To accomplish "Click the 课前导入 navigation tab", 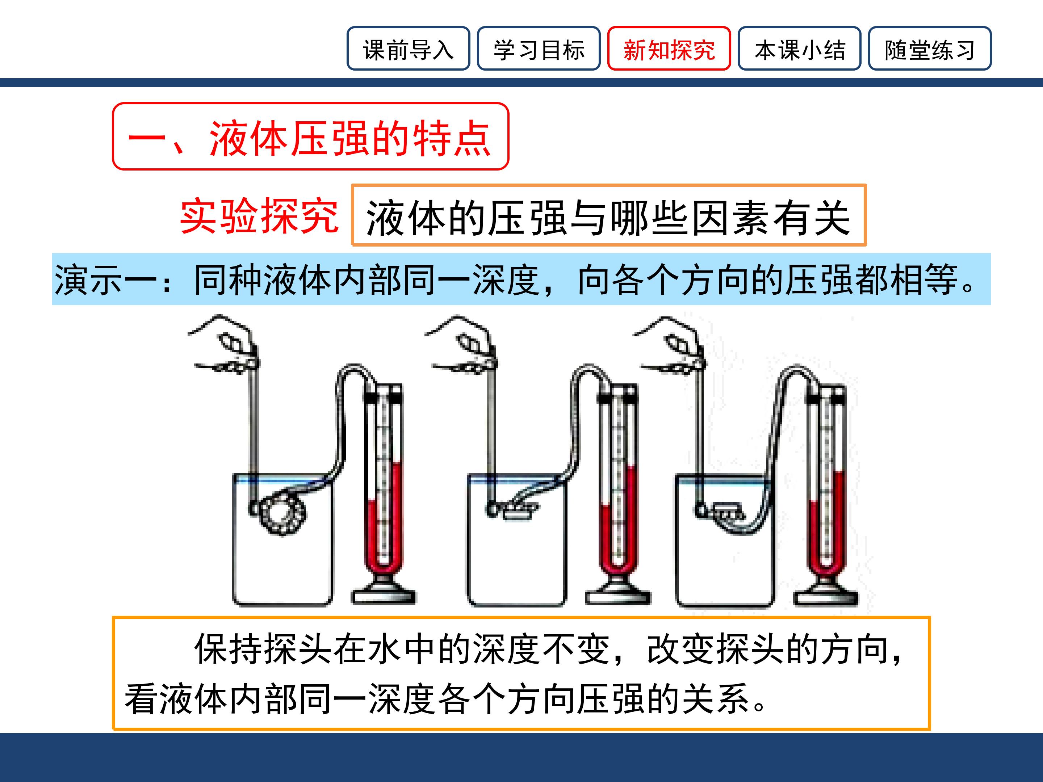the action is [409, 49].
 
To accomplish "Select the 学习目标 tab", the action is [539, 49].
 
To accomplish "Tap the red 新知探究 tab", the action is [669, 49].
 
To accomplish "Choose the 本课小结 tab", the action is [799, 49].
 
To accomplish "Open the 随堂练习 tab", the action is [930, 49].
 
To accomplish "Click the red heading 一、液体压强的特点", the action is [310, 137].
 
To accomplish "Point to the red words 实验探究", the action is [259, 215].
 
